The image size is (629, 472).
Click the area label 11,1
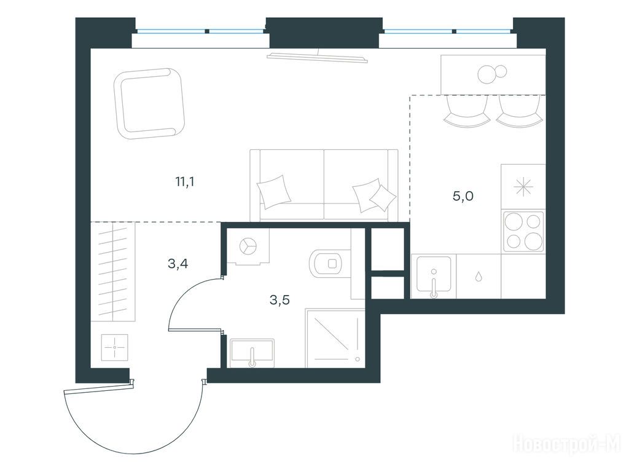point(184,182)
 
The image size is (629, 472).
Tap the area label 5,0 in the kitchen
point(463,196)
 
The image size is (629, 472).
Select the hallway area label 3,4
point(178,264)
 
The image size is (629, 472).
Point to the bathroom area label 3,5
point(279,300)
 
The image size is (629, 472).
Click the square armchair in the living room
point(149,103)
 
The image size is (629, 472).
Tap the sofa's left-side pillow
point(274,192)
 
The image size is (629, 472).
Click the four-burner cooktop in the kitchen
point(523,232)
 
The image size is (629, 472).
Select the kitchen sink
point(434,276)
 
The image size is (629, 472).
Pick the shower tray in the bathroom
point(335,338)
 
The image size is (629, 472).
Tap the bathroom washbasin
point(252,352)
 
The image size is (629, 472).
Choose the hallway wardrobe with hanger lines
point(113,272)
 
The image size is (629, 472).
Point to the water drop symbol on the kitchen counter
point(479,276)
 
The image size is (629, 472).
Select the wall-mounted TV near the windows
point(318,57)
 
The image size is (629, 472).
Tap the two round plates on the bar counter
point(492,74)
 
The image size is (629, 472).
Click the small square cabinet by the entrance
point(115,347)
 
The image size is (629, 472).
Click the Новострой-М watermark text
point(567,444)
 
